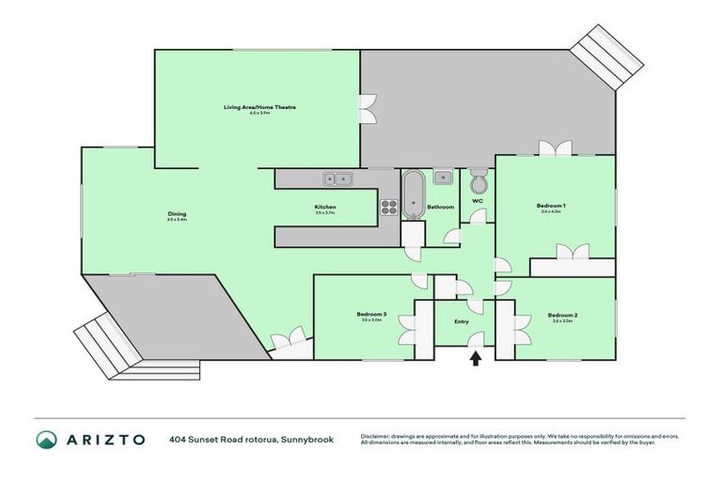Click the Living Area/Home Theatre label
click(259, 108)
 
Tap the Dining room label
click(177, 214)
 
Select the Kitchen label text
click(325, 207)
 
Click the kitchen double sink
click(337, 178)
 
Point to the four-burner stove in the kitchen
click(389, 207)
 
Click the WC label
click(478, 200)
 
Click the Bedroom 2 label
click(562, 315)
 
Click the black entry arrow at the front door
click(476, 357)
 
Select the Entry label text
click(461, 320)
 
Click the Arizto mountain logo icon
click(47, 440)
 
